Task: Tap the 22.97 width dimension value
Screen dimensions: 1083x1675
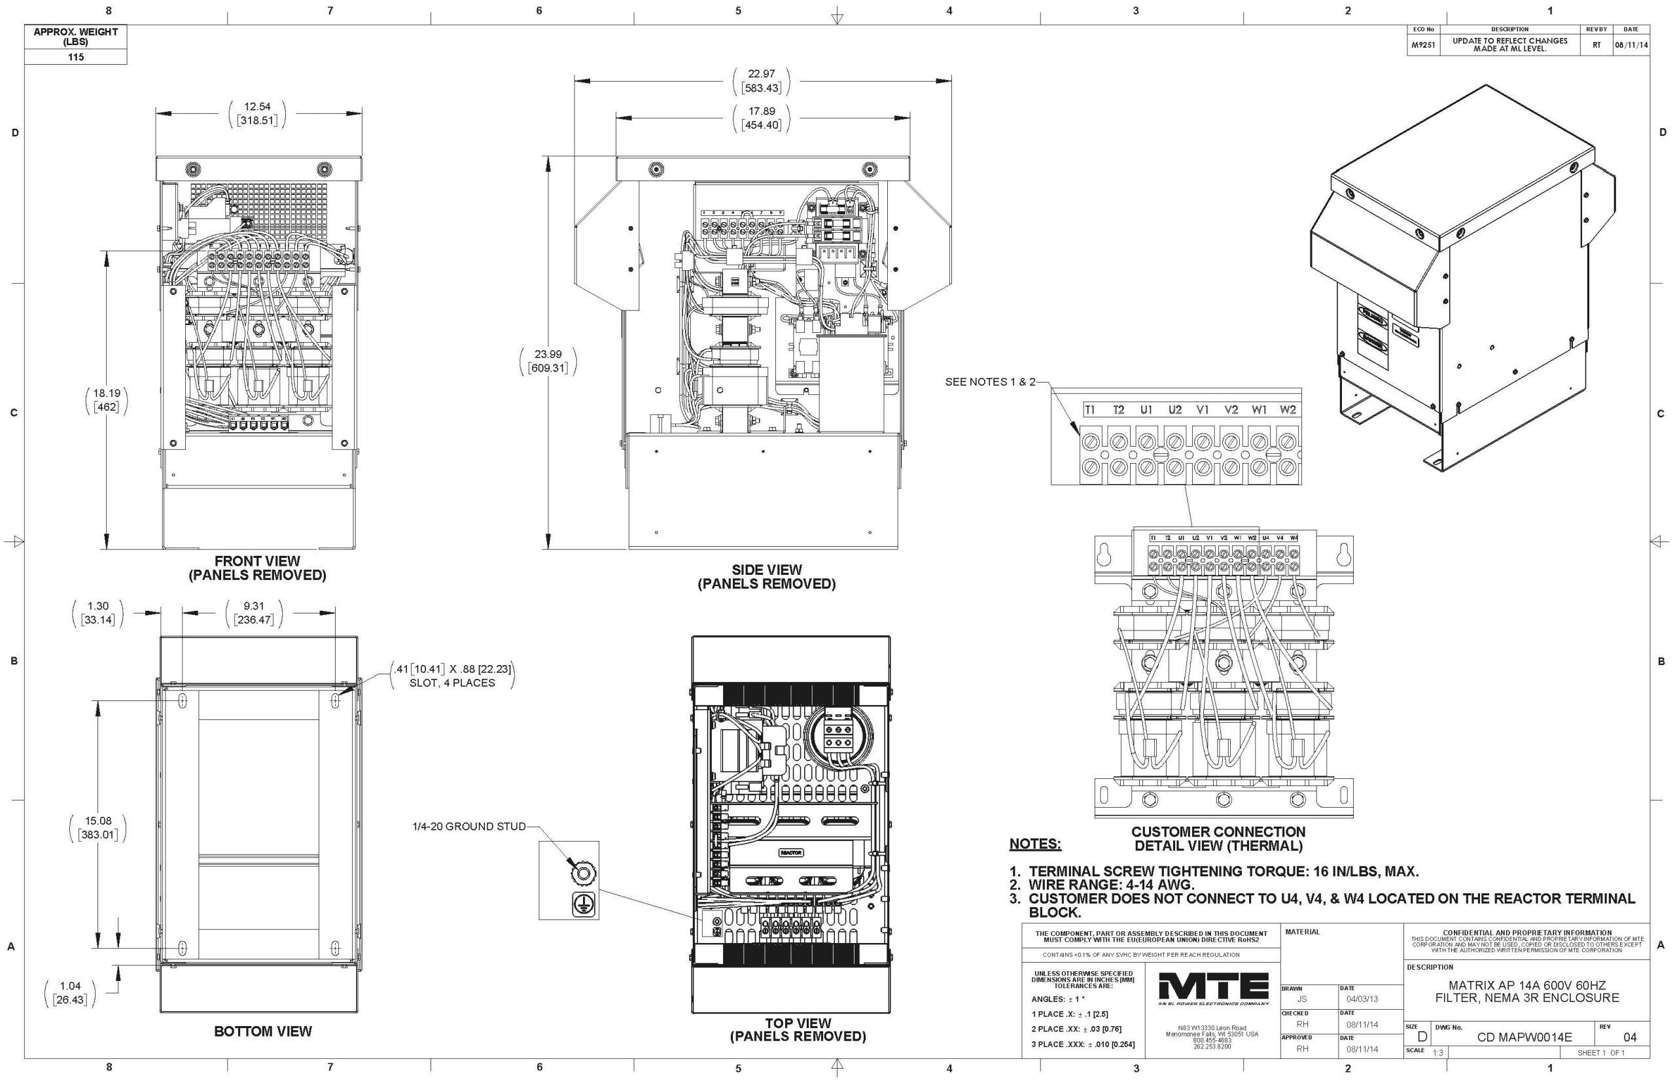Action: [761, 74]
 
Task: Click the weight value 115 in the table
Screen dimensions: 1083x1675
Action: [75, 57]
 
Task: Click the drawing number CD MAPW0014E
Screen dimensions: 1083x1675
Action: [1524, 1037]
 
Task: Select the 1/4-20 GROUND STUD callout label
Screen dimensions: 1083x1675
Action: [469, 827]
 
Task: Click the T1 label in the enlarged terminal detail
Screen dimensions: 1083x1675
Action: [1089, 410]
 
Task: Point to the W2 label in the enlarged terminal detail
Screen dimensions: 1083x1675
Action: [1288, 410]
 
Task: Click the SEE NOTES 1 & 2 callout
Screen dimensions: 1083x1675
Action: [990, 382]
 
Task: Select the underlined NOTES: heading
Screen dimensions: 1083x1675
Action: [1035, 844]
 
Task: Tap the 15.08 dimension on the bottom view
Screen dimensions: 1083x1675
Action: [97, 821]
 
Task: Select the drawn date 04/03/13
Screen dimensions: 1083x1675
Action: [1362, 999]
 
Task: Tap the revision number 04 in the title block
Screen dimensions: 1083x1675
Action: [1630, 1037]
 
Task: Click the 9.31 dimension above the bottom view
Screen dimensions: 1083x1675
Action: [253, 606]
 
